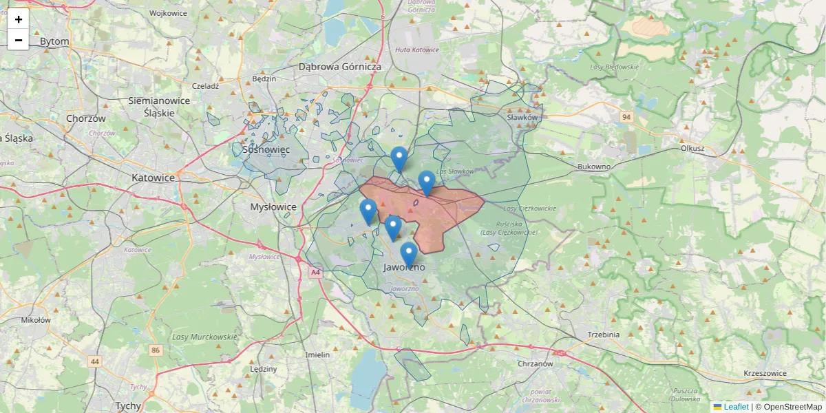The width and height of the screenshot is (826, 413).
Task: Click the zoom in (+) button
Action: coord(19,19)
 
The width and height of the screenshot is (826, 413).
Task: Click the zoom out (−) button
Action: coord(19,40)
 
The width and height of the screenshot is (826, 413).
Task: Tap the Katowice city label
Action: coord(153,178)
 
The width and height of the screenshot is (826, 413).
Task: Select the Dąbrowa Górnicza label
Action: coord(340,67)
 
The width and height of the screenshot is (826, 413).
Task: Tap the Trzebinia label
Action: coord(604,335)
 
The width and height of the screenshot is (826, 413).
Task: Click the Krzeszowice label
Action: coord(765,373)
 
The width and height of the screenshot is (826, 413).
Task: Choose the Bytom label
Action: coord(54,41)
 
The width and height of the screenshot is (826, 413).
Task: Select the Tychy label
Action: coord(128,405)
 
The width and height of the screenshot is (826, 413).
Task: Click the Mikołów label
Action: coord(36,320)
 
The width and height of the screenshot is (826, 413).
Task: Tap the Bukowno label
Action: coord(594,167)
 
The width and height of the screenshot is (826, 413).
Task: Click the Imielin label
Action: coord(318,354)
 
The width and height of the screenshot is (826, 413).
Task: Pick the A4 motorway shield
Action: coord(315,273)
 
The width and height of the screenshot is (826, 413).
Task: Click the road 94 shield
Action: coord(625,117)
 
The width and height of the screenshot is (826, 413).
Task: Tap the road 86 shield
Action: coord(156,350)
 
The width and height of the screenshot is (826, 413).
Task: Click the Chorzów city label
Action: coord(87,118)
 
